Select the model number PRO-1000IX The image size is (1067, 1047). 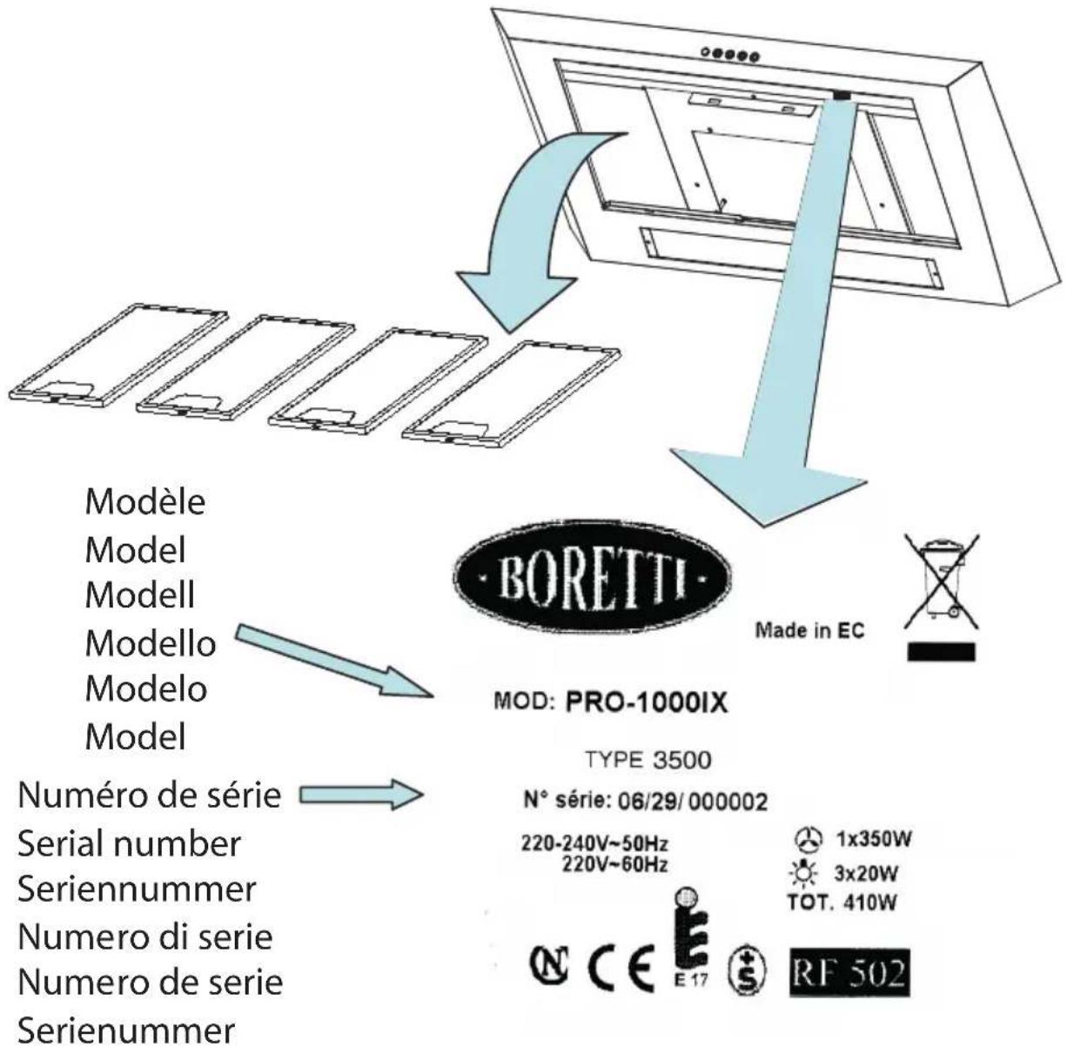[646, 703]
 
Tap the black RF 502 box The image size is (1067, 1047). [849, 968]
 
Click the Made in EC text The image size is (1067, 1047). [809, 631]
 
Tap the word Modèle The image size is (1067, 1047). [145, 502]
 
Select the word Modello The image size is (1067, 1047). [150, 643]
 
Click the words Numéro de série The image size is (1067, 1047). [151, 795]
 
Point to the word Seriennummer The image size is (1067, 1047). [138, 889]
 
